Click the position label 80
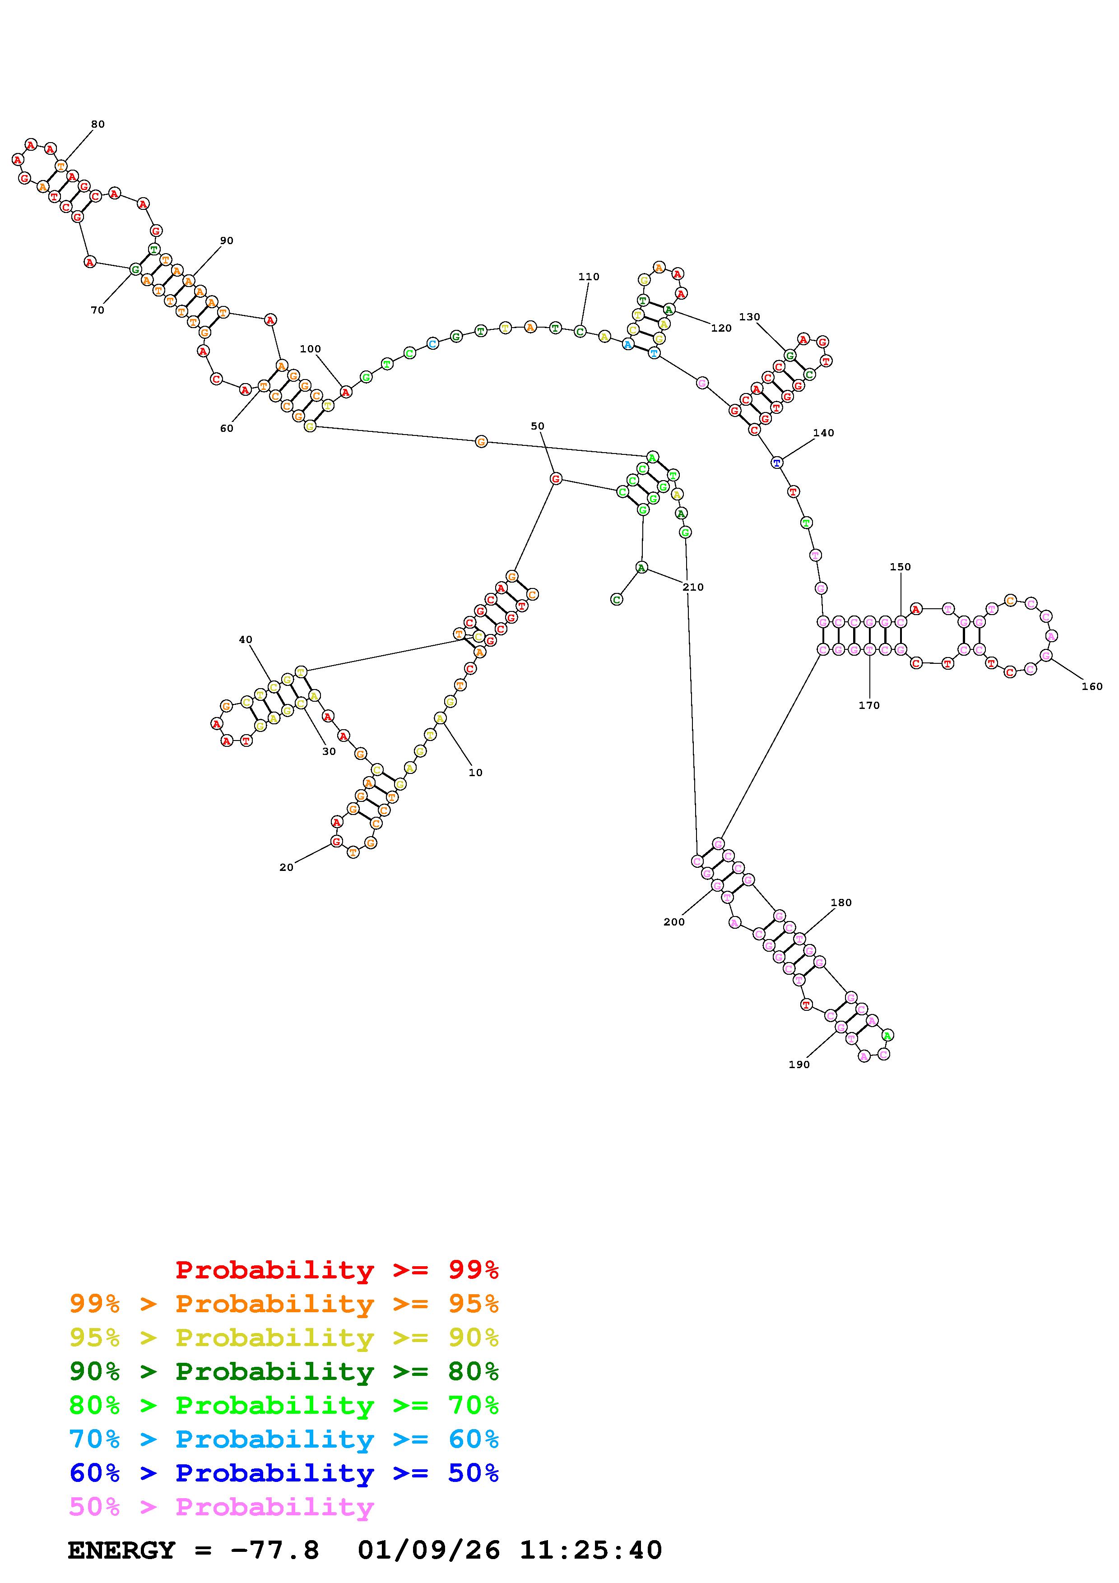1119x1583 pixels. [98, 124]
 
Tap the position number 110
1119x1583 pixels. [589, 277]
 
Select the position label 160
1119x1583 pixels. [1092, 686]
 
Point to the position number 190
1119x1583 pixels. [799, 1065]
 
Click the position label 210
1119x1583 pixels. [693, 587]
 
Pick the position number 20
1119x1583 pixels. [286, 867]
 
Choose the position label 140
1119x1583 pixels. [823, 433]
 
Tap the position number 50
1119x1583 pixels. [537, 426]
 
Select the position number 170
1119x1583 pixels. [869, 705]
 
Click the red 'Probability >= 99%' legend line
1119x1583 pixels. [336, 1269]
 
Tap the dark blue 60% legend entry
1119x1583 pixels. [284, 1473]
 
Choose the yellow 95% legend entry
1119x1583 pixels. [284, 1338]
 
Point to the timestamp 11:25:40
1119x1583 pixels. [591, 1550]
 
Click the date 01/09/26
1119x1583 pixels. [429, 1550]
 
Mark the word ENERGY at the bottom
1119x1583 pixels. [121, 1550]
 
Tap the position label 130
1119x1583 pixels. [749, 317]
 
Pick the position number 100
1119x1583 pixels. [310, 349]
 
